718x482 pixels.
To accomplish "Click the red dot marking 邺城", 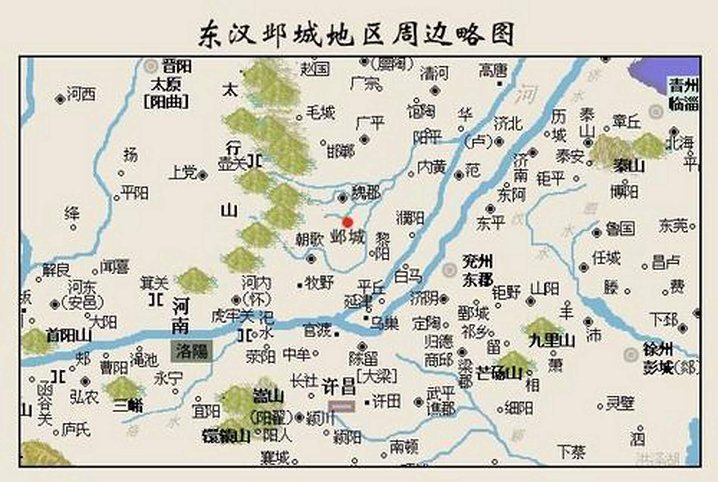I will pyautogui.click(x=348, y=222).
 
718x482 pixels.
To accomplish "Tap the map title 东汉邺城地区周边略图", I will pyautogui.click(x=356, y=35).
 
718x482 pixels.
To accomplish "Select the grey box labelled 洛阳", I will pyautogui.click(x=191, y=351).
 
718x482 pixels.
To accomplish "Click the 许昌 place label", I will pyautogui.click(x=339, y=386).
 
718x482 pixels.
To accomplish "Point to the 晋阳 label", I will pyautogui.click(x=176, y=66).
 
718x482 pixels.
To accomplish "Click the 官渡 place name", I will pyautogui.click(x=317, y=331).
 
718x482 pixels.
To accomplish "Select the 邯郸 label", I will pyautogui.click(x=341, y=151).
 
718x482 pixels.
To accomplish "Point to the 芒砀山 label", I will pyautogui.click(x=499, y=373).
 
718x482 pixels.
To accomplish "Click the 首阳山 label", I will pyautogui.click(x=69, y=335).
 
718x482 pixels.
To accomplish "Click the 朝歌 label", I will pyautogui.click(x=309, y=240).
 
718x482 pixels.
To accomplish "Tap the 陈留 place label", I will pyautogui.click(x=363, y=359).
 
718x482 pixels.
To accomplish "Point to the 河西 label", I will pyautogui.click(x=81, y=94).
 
